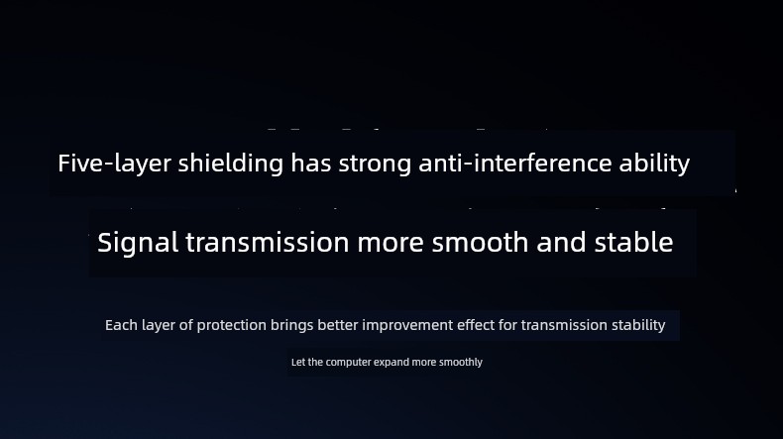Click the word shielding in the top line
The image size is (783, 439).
coord(231,164)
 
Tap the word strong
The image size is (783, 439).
coord(375,164)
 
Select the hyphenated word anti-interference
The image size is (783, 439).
coord(515,163)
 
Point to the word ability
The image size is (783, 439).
coord(655,164)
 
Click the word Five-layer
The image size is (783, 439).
coord(114,164)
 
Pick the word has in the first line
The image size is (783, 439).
coord(311,163)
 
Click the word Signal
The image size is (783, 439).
coord(138,243)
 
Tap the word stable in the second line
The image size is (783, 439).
coord(633,242)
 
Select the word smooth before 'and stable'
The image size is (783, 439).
coord(481,242)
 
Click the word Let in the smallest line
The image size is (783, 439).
coord(298,362)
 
